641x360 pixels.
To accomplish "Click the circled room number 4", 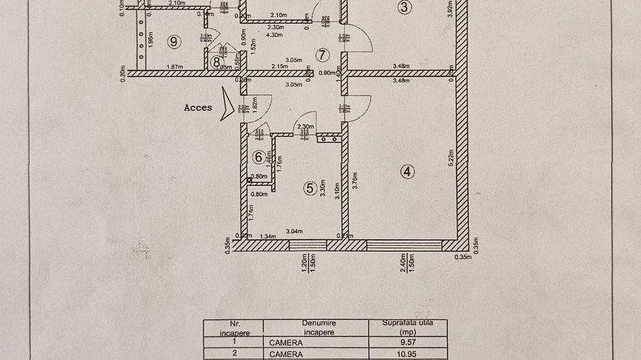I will click(407, 171).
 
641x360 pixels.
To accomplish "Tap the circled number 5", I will click(311, 186).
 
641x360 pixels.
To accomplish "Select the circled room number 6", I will click(258, 157).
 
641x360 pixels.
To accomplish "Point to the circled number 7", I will click(322, 55).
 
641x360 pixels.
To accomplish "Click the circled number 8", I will click(217, 62).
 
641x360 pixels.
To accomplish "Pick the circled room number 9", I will click(175, 42).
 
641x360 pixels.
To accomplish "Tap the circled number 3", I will click(405, 8).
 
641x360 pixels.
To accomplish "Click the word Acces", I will click(197, 107).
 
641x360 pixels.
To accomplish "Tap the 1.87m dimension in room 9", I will click(175, 66).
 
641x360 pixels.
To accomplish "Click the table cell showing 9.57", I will click(407, 342).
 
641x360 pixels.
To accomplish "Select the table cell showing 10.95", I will click(407, 355).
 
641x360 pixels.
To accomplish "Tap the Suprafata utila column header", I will click(407, 327).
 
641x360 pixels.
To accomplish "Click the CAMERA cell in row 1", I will click(286, 342).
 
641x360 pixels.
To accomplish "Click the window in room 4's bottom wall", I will click(405, 245).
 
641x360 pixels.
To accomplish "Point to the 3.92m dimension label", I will click(450, 8).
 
